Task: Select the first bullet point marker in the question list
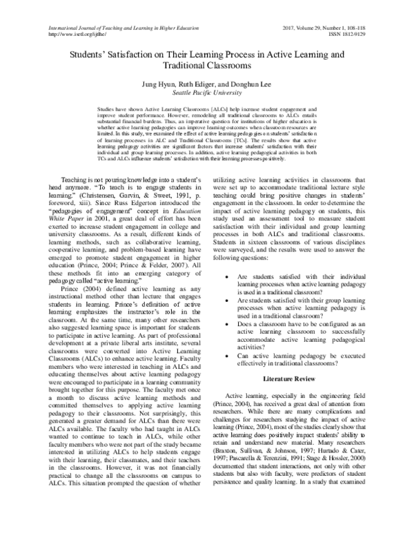[x=228, y=295]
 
